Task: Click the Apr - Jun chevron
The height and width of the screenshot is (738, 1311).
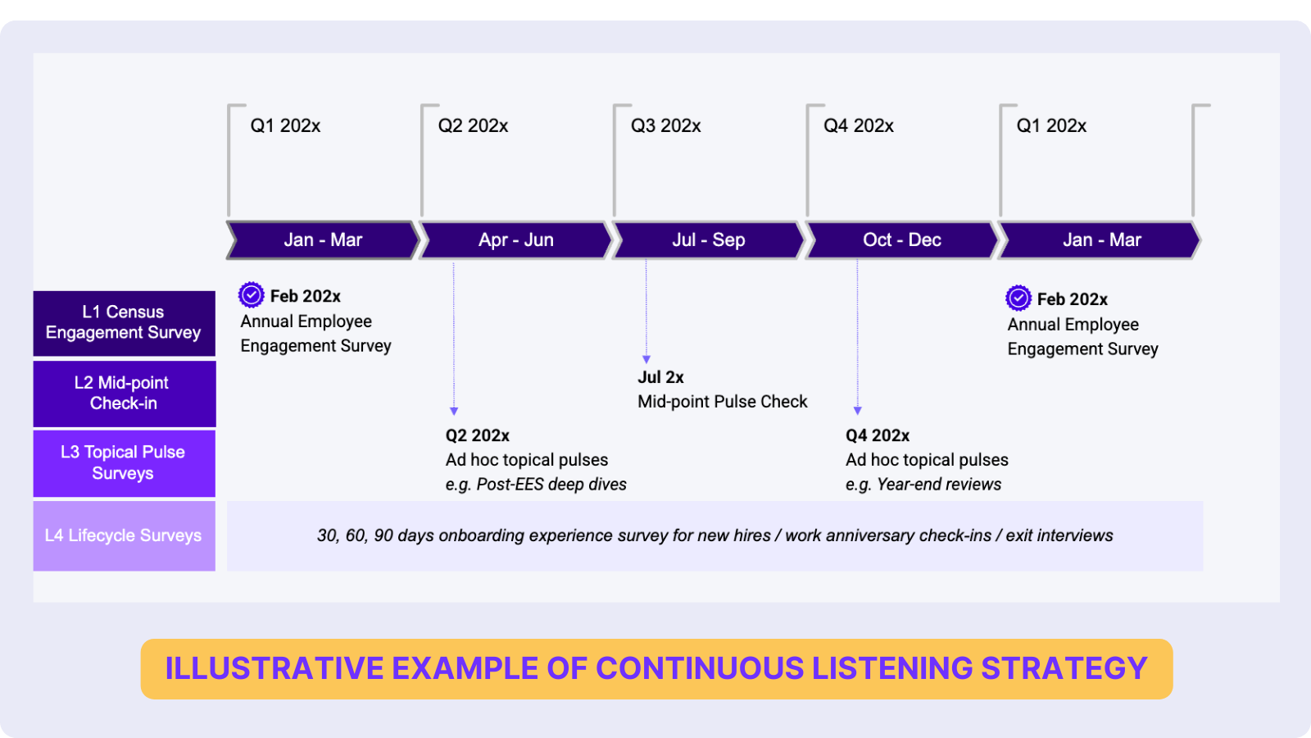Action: coord(515,240)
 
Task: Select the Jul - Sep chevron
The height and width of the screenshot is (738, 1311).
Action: coord(708,240)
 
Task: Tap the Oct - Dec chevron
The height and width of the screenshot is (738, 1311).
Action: coord(901,240)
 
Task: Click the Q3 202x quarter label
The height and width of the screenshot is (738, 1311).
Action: coord(665,126)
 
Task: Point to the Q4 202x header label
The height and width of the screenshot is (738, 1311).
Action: coord(858,126)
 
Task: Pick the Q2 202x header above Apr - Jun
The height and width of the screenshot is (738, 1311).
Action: coord(473,126)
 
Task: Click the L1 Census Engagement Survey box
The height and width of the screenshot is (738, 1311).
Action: coord(124,323)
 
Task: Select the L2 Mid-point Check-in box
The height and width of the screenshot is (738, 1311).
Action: coord(124,394)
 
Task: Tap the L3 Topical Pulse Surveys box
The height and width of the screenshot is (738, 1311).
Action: coord(124,463)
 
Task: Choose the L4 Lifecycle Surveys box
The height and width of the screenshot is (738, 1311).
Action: coord(124,535)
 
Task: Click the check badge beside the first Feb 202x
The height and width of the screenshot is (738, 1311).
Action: coord(252,294)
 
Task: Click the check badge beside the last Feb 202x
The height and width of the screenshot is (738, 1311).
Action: coord(1018,298)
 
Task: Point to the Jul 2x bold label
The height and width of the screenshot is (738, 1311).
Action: coord(660,377)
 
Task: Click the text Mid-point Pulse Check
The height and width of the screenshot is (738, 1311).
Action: coord(722,402)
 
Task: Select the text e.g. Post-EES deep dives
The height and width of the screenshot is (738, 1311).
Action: coord(536,485)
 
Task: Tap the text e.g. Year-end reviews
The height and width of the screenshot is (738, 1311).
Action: coord(923,485)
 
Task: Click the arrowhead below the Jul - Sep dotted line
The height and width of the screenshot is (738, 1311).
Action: coord(646,359)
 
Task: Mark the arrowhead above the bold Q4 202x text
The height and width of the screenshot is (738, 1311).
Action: coord(858,411)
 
